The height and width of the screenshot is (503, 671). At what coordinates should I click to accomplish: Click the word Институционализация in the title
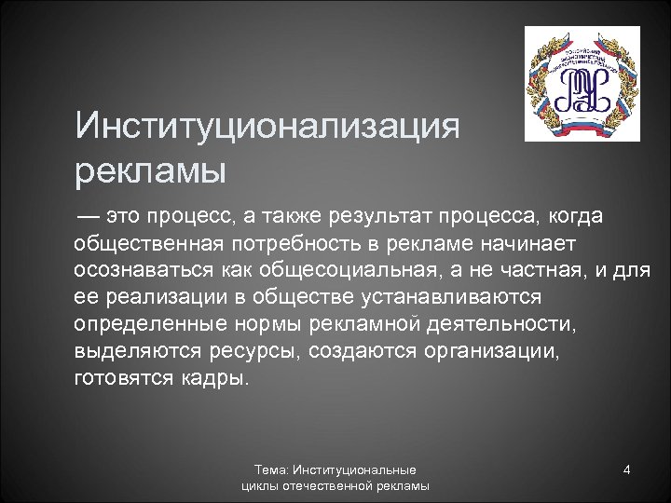coord(267,126)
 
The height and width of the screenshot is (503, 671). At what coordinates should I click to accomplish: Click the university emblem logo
coord(582,83)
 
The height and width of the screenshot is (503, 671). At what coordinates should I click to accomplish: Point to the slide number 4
coord(627,469)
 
